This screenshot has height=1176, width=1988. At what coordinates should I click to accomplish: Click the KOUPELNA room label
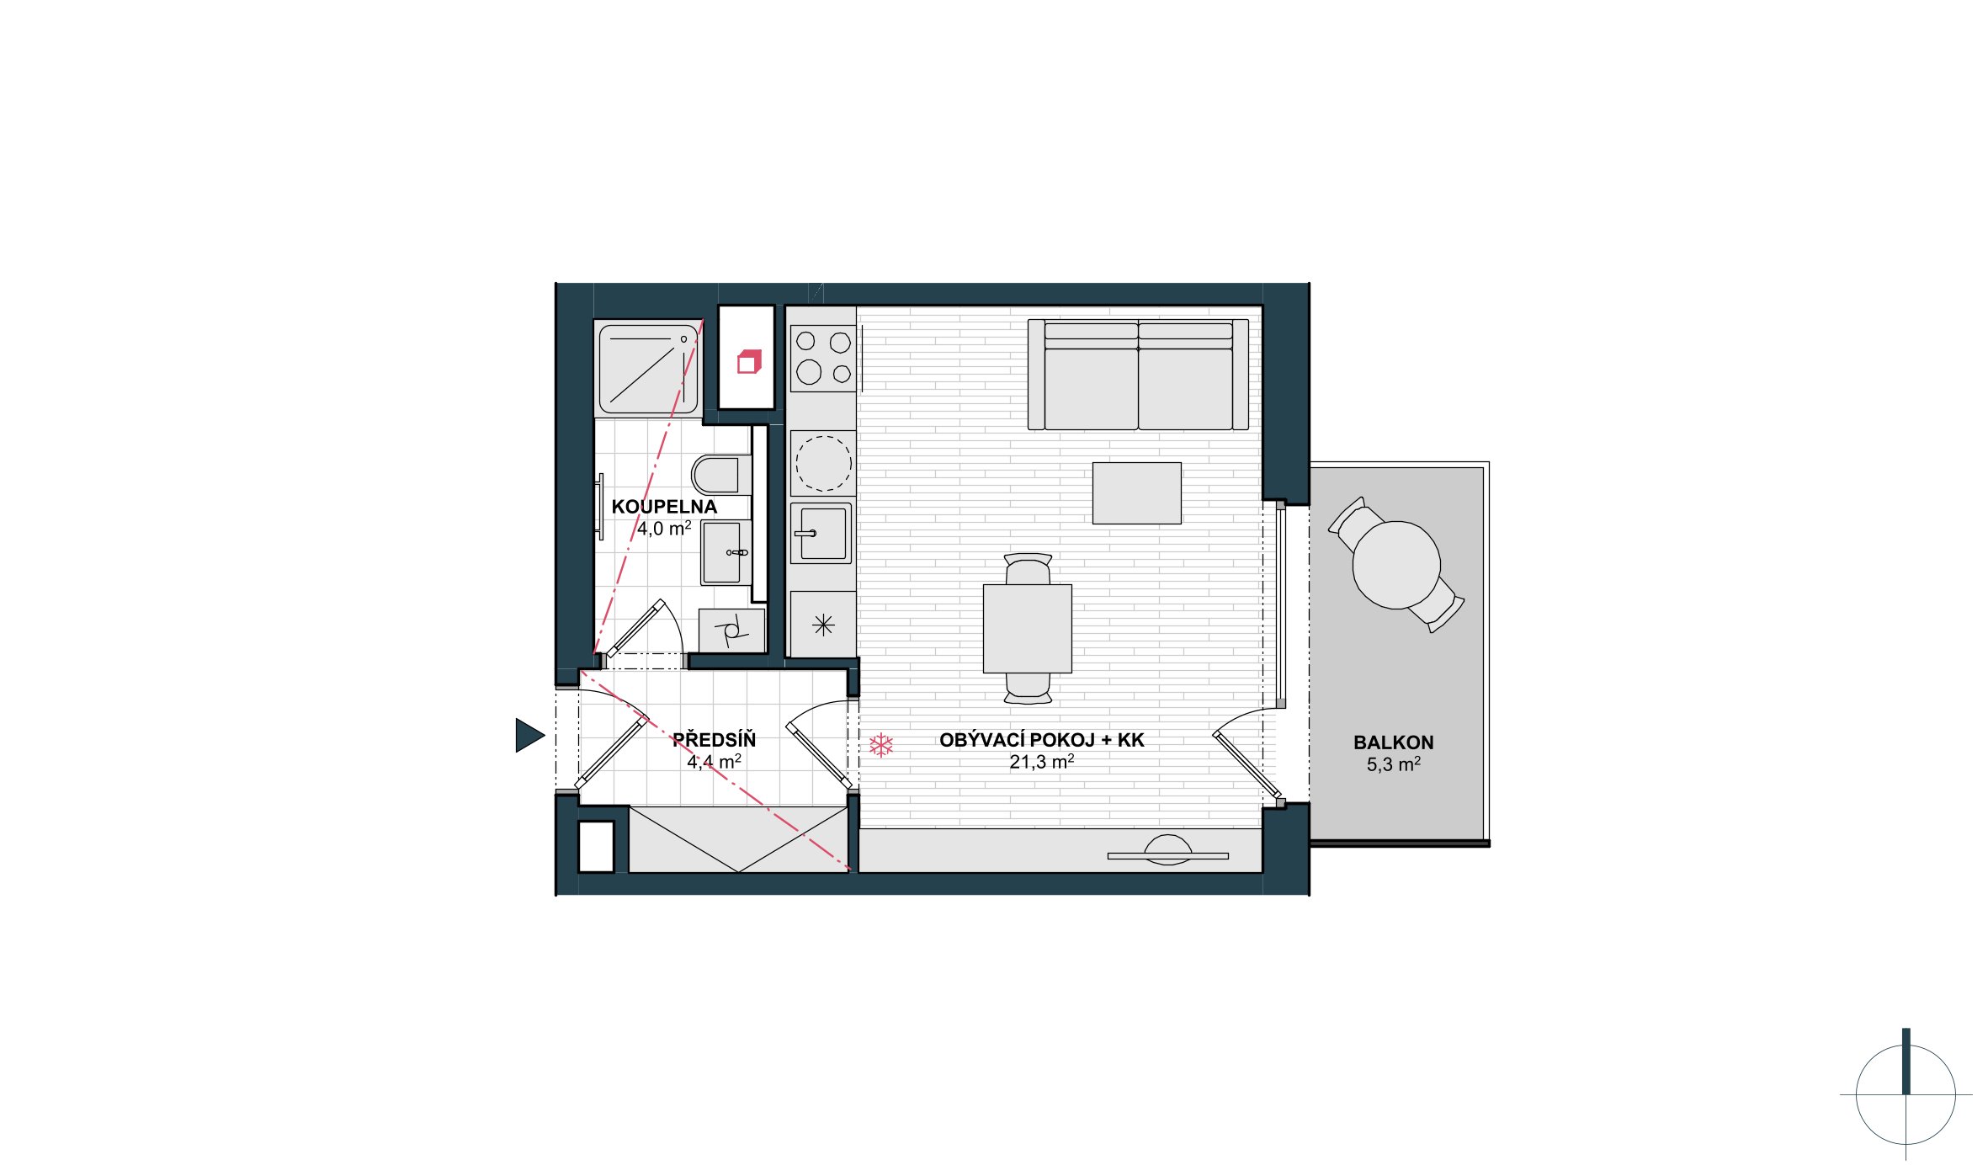coord(664,507)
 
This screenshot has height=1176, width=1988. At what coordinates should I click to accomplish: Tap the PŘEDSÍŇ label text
coord(714,740)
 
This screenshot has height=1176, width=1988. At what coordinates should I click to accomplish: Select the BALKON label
coord(1393,742)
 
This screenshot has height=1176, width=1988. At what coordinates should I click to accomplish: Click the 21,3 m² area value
coord(1042,762)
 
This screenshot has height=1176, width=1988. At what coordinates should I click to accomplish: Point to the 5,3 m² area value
coord(1393,764)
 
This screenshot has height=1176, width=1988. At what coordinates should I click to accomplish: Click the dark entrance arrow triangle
coord(529,735)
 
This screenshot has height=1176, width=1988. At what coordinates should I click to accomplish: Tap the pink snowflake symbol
coord(880,745)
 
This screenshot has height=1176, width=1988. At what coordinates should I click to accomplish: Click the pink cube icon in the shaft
coord(749,362)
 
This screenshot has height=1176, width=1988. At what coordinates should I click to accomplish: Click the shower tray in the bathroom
coord(647,368)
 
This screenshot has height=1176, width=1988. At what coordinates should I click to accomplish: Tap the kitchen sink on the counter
coord(821,533)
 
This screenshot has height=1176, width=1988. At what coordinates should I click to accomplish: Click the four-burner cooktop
coord(823,358)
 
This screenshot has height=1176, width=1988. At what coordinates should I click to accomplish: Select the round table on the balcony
coord(1396,565)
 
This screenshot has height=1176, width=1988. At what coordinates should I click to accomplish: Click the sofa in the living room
coord(1138,375)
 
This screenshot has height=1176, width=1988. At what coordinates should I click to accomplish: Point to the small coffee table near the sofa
coord(1136,492)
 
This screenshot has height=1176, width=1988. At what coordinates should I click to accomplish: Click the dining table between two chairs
coord(1028,628)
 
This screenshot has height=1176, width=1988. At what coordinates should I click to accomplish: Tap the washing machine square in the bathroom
coord(731,631)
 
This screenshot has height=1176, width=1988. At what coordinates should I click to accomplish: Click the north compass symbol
coord(1906,1094)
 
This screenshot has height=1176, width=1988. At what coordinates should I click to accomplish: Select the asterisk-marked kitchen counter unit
coord(823,625)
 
